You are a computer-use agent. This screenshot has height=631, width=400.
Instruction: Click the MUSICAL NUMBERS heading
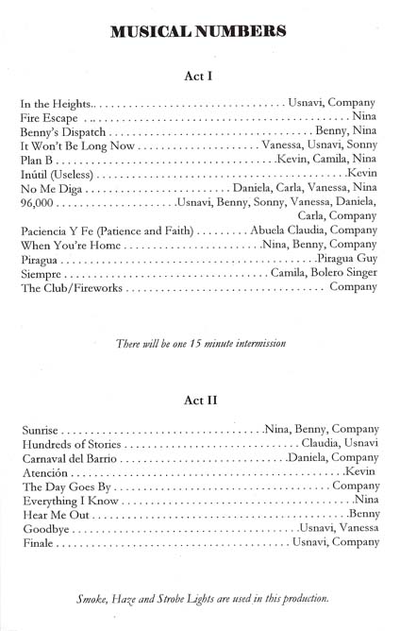(199, 31)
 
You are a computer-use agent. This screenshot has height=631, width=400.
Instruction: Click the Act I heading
(199, 78)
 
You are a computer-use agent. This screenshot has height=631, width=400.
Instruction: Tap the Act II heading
(199, 400)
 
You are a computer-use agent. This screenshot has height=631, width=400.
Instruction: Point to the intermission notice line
(199, 341)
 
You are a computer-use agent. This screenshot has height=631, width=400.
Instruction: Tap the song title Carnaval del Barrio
(69, 457)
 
